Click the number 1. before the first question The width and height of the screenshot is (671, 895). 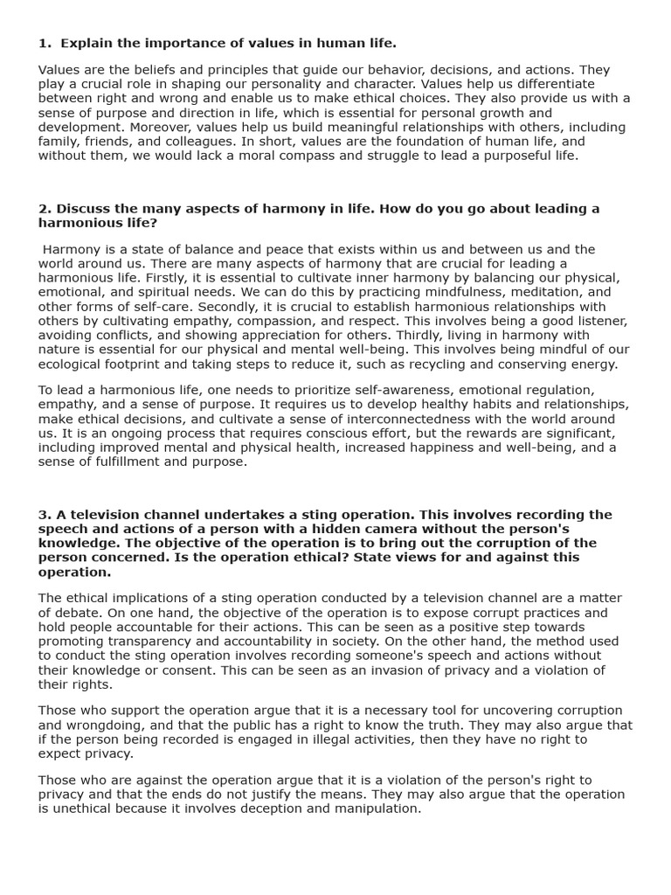[x=44, y=42]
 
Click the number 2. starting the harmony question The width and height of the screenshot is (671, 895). [x=44, y=208]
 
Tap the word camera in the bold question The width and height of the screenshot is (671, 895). [x=384, y=529]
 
